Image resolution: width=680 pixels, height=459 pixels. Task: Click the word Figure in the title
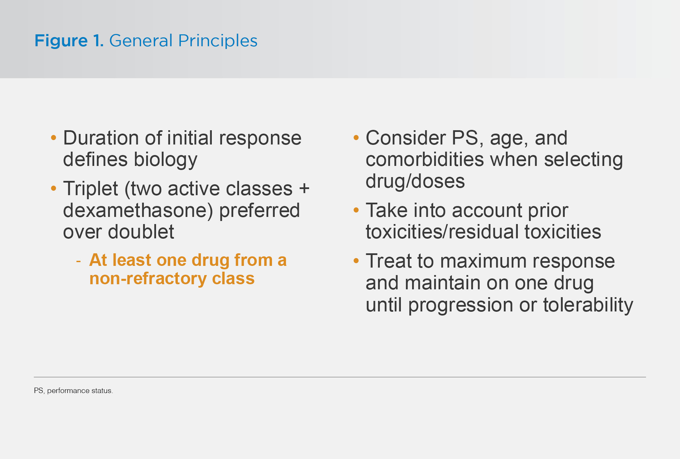click(x=61, y=41)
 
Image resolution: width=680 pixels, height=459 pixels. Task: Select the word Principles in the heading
click(x=218, y=41)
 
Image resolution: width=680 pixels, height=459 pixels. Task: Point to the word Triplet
click(x=91, y=189)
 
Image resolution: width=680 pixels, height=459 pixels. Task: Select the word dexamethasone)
click(x=138, y=211)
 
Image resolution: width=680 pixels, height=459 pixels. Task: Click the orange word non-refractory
click(x=148, y=279)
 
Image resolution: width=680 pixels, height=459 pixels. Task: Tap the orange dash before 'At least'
click(x=79, y=261)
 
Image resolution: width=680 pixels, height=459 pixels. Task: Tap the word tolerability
click(x=588, y=305)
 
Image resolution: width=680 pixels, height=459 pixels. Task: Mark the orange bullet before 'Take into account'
click(x=356, y=210)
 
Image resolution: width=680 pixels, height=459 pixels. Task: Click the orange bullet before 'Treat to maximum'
click(x=356, y=261)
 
